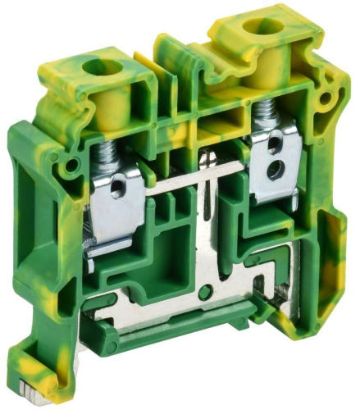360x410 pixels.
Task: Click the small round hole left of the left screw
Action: coord(75,165)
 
